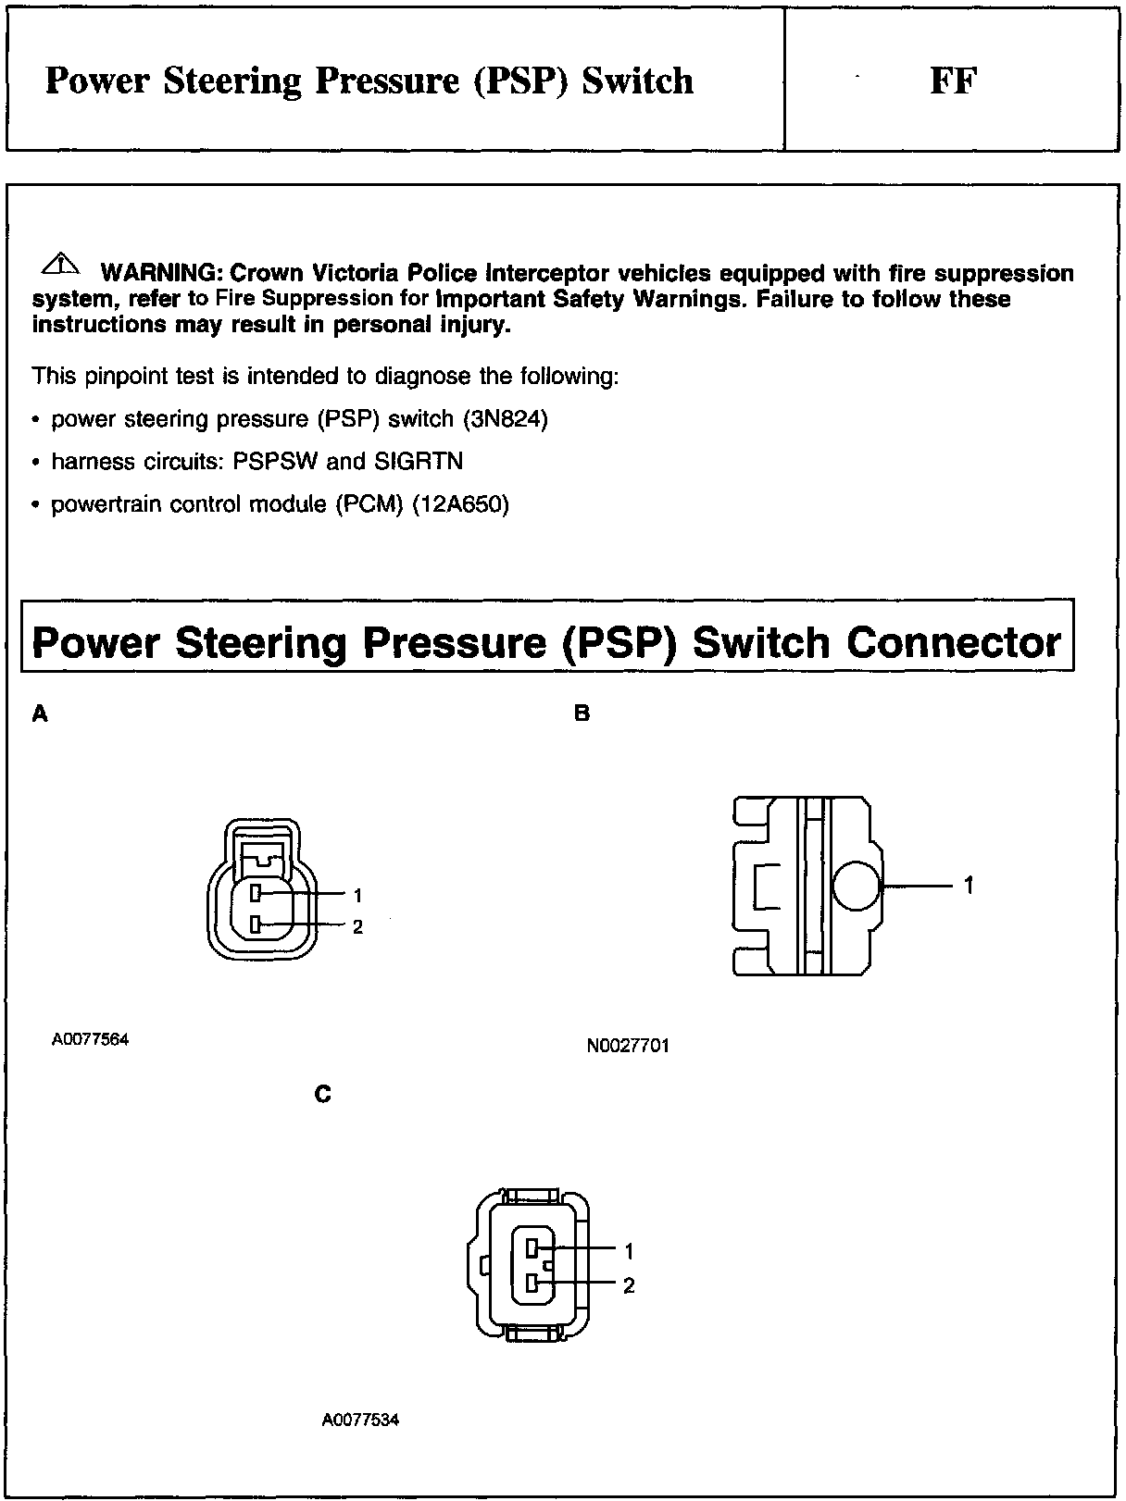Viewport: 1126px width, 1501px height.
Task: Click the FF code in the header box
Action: click(x=953, y=81)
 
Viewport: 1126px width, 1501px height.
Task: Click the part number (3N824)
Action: click(x=506, y=419)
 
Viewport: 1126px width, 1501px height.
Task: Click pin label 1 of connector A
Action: click(x=357, y=895)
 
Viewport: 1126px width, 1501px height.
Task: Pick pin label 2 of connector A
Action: click(x=357, y=927)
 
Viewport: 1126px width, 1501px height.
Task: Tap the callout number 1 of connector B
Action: click(x=969, y=886)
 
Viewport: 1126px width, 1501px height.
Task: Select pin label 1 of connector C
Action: click(x=629, y=1251)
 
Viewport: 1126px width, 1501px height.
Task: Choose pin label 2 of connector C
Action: click(x=629, y=1285)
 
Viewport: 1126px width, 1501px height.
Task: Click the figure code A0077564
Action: click(x=90, y=1039)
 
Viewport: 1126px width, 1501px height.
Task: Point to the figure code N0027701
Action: click(x=628, y=1047)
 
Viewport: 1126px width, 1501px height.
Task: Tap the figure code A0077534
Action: click(x=360, y=1420)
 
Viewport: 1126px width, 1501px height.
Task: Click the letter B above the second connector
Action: click(x=582, y=713)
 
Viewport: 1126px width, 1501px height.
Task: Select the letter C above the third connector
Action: click(x=322, y=1095)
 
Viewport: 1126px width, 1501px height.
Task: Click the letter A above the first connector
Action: click(x=40, y=713)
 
